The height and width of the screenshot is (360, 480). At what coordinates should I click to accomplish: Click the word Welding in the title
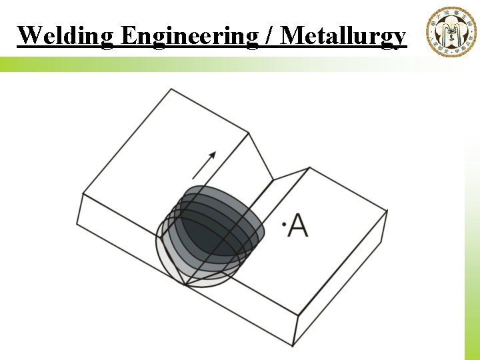point(65,35)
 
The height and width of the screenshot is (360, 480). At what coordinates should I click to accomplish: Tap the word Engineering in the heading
point(191,35)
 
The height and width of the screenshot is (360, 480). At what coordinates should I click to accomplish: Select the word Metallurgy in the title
point(343,35)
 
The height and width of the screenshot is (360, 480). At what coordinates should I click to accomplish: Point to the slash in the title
point(271,35)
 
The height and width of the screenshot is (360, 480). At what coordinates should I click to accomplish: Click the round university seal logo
point(451,31)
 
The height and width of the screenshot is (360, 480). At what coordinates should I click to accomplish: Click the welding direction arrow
point(204,165)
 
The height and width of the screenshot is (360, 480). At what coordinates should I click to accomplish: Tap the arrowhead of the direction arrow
point(213,155)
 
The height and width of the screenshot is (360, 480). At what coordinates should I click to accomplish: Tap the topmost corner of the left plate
point(171,89)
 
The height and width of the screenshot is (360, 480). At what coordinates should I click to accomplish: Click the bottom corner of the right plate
point(293,345)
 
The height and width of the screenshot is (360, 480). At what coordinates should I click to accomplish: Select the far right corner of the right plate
point(387,211)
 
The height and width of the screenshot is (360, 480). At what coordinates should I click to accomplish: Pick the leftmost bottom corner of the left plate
point(77,224)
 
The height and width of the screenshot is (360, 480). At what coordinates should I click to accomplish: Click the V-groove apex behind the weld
point(273,179)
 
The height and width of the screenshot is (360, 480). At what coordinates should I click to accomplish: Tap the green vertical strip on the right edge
point(472,247)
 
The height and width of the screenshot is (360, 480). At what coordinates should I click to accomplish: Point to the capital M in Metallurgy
point(293,35)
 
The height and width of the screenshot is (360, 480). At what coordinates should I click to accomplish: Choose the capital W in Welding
point(28,35)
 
